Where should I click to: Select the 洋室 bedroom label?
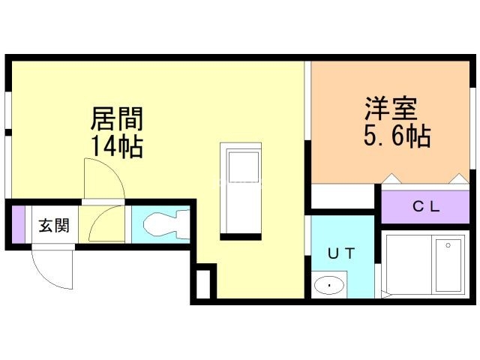click(390, 109)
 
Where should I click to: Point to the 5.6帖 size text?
click(397, 136)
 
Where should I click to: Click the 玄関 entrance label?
click(54, 225)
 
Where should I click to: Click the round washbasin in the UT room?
click(328, 286)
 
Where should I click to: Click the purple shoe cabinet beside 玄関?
click(19, 224)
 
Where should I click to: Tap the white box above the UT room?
click(342, 196)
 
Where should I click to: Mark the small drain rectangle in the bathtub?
click(448, 244)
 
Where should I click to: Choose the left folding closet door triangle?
click(391, 179)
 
